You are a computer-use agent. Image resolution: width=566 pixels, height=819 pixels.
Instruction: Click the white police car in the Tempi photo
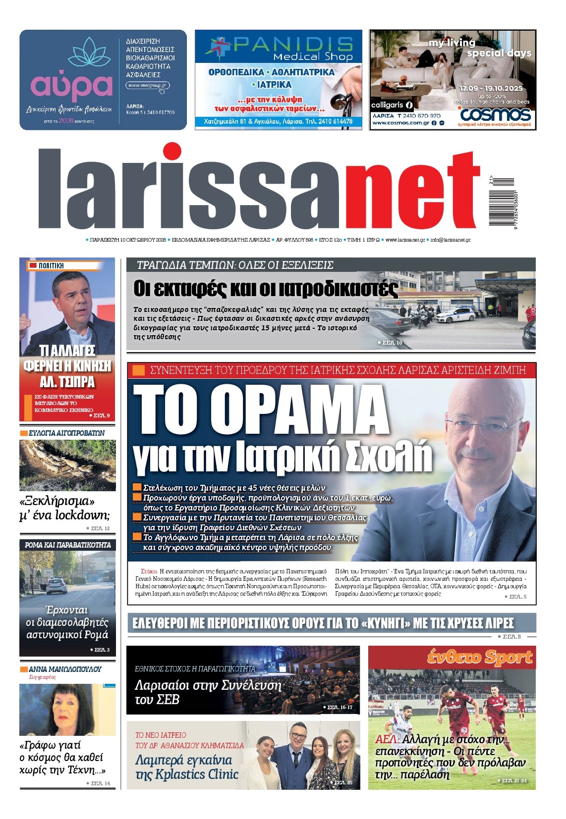455,315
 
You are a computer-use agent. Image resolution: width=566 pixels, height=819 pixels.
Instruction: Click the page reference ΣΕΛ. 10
390,343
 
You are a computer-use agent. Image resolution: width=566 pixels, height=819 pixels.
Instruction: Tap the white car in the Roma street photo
57,585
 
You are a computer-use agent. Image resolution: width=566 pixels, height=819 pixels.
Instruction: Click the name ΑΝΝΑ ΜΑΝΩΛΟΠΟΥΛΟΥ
65,669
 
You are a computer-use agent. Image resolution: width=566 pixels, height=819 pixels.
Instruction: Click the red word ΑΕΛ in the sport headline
386,739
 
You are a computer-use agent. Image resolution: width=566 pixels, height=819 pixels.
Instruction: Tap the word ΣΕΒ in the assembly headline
168,700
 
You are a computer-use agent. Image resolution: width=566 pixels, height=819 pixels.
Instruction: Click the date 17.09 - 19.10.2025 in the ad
491,88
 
